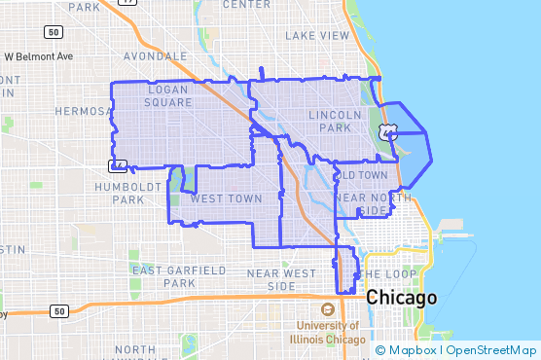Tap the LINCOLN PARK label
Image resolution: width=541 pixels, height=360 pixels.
(334, 121)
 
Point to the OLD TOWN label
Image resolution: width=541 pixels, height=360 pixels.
(361, 175)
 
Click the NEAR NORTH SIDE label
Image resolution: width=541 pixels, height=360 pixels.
(366, 204)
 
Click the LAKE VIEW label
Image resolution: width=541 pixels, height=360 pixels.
(317, 36)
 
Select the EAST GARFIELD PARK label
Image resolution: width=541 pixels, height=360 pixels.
(179, 275)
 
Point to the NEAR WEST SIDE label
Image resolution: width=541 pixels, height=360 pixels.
(281, 279)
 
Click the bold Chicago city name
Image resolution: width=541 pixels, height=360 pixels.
(401, 298)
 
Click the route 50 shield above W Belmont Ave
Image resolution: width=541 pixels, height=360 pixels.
(54, 32)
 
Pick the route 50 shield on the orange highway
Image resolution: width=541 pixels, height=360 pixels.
(60, 311)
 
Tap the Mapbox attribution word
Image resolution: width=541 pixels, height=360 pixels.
(413, 350)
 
